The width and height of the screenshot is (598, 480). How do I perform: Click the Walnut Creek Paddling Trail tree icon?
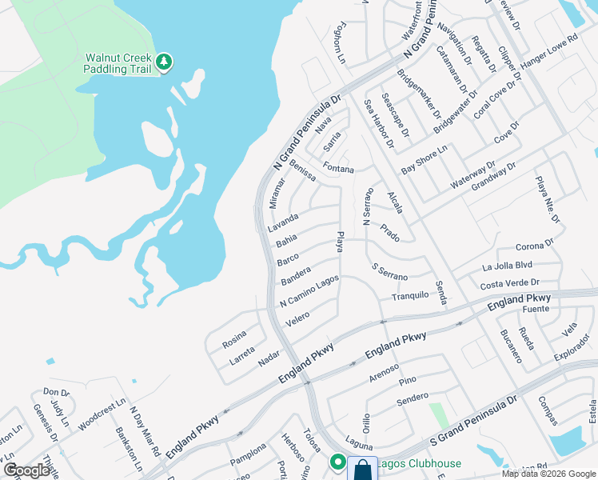click(163, 62)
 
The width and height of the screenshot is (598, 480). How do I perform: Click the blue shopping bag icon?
click(362, 468)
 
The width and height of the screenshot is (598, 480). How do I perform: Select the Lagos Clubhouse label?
click(421, 463)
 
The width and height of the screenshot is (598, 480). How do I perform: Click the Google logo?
click(27, 470)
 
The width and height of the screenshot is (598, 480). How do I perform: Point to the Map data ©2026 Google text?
click(548, 474)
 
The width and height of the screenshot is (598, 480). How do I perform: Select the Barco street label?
click(288, 260)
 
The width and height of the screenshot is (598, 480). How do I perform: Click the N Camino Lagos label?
click(309, 291)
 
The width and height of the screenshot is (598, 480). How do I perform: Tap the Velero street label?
click(297, 318)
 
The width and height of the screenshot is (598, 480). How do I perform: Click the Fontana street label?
click(338, 168)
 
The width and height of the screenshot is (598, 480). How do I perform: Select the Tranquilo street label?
click(410, 297)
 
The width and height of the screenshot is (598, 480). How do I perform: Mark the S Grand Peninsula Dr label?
click(475, 416)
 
